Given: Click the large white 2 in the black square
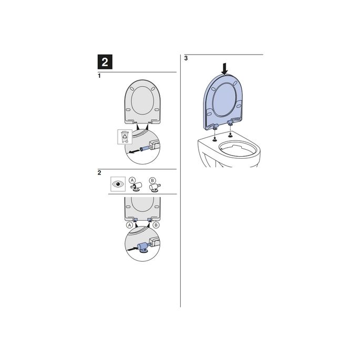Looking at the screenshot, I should tap(105, 63).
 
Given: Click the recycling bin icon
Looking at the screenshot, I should tap(125, 138).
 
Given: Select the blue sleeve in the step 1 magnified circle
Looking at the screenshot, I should tap(142, 148).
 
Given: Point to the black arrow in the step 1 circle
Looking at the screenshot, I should tap(132, 151).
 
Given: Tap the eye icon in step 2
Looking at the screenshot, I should tap(118, 185).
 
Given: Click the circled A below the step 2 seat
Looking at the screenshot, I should tap(129, 224).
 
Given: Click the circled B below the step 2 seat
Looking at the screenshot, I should tap(156, 224).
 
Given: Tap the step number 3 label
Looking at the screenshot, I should tap(186, 59).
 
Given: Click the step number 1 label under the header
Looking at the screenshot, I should tap(99, 76).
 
